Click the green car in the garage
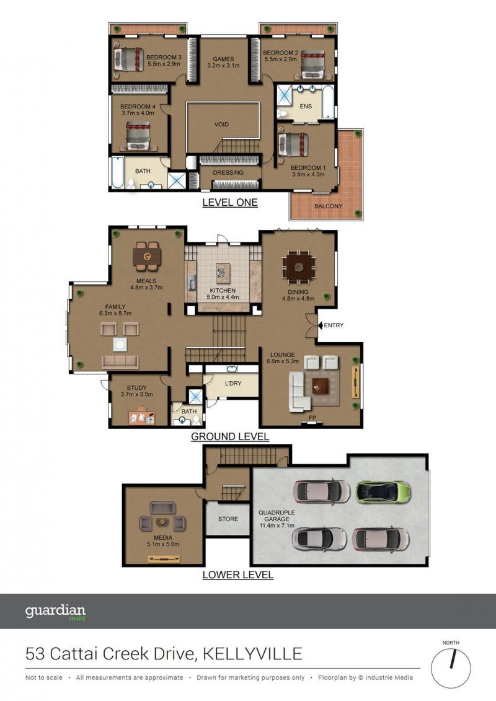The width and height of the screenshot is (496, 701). coord(383,492)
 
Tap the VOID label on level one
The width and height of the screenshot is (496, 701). coord(221,125)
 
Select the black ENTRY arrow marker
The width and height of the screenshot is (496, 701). coord(320,325)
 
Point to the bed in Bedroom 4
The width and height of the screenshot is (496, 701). coord(138,135)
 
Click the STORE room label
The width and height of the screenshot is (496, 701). coord(228,519)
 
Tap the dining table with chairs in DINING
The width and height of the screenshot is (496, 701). coord(299,267)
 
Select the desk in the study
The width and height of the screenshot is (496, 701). coord(142,417)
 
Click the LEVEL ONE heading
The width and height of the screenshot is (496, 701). coord(230,203)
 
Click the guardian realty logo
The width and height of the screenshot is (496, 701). coord(55,612)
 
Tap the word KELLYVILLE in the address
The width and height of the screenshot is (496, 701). coord(253,654)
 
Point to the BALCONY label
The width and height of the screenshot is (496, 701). coord(328,206)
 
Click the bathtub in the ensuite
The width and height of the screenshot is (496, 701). coord(328,102)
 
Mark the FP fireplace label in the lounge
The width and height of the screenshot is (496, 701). coord(312,418)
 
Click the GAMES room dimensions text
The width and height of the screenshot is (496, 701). coord(223,65)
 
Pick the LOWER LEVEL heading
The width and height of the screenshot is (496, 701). coord(238,575)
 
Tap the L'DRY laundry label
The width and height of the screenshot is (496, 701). coord(233,383)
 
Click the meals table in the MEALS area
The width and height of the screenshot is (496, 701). coord(147,256)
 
